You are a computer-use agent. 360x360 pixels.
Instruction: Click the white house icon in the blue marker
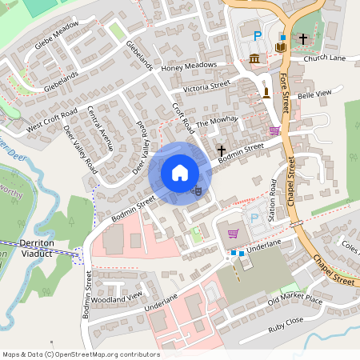(180, 173)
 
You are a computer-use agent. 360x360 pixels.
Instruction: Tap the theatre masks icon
(197, 190)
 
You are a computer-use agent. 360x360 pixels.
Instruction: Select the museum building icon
(254, 58)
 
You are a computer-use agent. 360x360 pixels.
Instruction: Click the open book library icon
(281, 48)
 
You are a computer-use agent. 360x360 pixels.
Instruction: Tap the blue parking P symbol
(258, 35)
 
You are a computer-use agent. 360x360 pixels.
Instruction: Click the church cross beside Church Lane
(303, 38)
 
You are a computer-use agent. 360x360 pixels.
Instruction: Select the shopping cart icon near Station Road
(233, 233)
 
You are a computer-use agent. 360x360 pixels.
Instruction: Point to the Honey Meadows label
(189, 66)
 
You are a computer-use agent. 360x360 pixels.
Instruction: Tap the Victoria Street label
(206, 86)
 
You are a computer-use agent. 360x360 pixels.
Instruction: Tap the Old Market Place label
(294, 301)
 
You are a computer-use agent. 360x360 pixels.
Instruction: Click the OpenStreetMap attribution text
(81, 354)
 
